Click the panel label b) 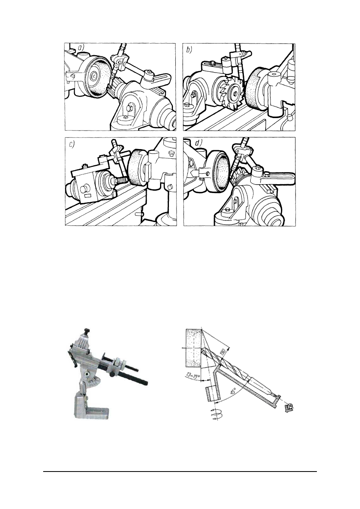coord(189,50)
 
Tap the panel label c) coord(72,145)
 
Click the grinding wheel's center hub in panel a coord(94,77)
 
